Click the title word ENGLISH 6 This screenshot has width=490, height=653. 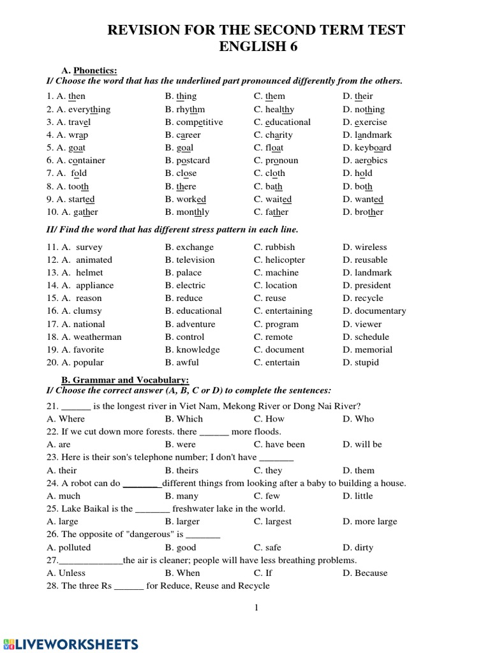click(x=258, y=47)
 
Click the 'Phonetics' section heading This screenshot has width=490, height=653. click(x=95, y=70)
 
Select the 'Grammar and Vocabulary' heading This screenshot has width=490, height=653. click(x=121, y=380)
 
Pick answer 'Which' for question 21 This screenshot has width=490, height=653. click(x=189, y=419)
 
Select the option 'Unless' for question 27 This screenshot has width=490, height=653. click(x=72, y=573)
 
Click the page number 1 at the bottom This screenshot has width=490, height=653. click(x=256, y=608)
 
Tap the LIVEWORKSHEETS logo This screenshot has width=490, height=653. click(x=70, y=643)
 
